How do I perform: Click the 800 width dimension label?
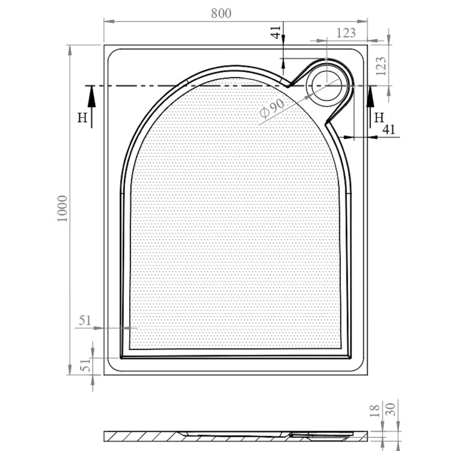tap(221, 14)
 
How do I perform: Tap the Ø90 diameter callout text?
tap(272, 108)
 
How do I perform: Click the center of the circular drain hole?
tap(327, 85)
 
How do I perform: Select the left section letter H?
tap(81, 117)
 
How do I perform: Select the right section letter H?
tap(379, 117)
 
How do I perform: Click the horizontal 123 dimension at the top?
tap(346, 33)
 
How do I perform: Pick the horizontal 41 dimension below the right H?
tap(388, 129)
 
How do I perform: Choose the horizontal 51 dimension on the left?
tap(84, 321)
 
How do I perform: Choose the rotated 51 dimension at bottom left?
tap(85, 364)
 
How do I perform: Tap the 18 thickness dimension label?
tap(375, 411)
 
